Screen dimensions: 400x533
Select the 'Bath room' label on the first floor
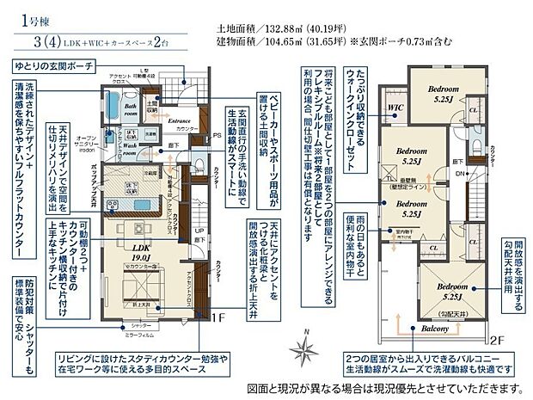coord(130,108)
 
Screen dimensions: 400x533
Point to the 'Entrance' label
coord(179,121)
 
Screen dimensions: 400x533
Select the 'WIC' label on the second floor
coord(395,108)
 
